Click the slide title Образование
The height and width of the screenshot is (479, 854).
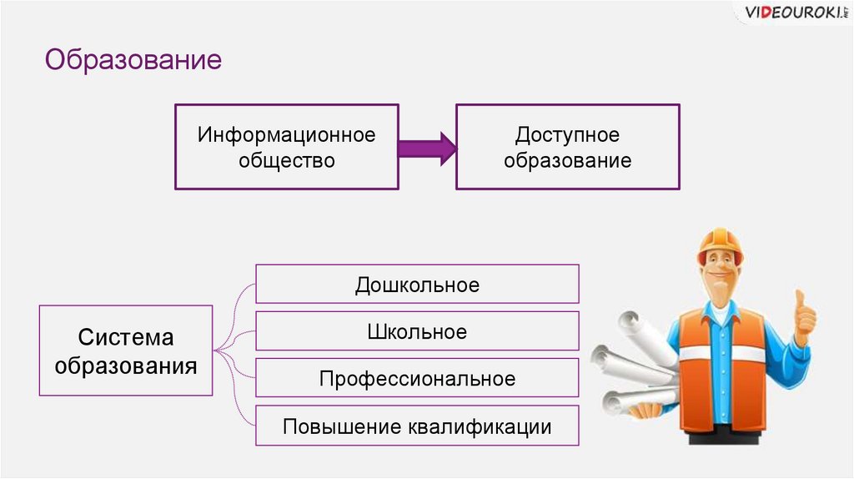[x=133, y=60]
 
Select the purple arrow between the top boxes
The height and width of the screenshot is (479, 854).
[x=427, y=147]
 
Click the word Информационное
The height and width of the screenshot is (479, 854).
[x=286, y=134]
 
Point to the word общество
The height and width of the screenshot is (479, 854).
[x=286, y=159]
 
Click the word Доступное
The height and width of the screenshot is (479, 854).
[x=567, y=134]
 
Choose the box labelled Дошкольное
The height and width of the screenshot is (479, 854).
[x=417, y=285]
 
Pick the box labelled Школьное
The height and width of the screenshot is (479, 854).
[x=417, y=331]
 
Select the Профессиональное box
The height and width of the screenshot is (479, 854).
[x=417, y=378]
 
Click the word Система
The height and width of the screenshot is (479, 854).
[x=126, y=338]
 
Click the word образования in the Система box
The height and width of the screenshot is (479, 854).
[x=126, y=365]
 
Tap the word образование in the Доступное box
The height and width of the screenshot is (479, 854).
[x=567, y=159]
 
